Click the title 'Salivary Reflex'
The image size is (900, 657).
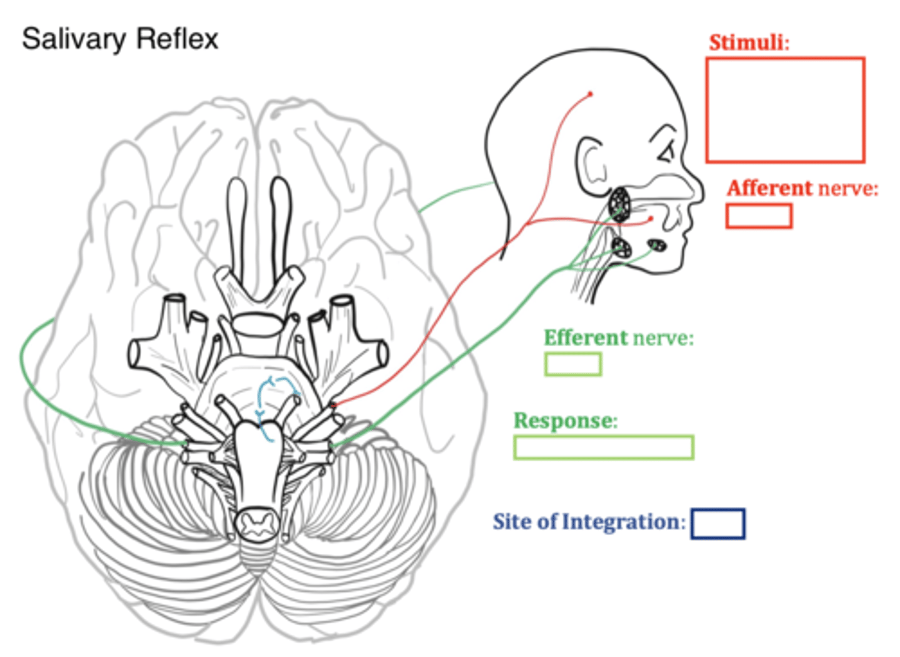120,39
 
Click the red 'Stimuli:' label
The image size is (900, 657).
749,43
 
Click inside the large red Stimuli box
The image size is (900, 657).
785,110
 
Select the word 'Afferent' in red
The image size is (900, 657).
769,188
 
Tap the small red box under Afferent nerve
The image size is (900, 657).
758,216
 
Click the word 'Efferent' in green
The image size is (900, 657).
585,338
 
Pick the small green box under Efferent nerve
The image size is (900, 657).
572,364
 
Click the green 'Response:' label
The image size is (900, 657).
565,421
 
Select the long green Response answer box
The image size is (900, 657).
603,448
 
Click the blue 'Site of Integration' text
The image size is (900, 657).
586,521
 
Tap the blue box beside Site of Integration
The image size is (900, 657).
717,524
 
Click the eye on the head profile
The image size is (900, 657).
666,151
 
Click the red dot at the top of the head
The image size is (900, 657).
590,94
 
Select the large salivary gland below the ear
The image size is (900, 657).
620,203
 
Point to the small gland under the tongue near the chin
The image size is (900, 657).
656,246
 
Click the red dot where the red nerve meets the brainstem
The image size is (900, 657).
333,406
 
